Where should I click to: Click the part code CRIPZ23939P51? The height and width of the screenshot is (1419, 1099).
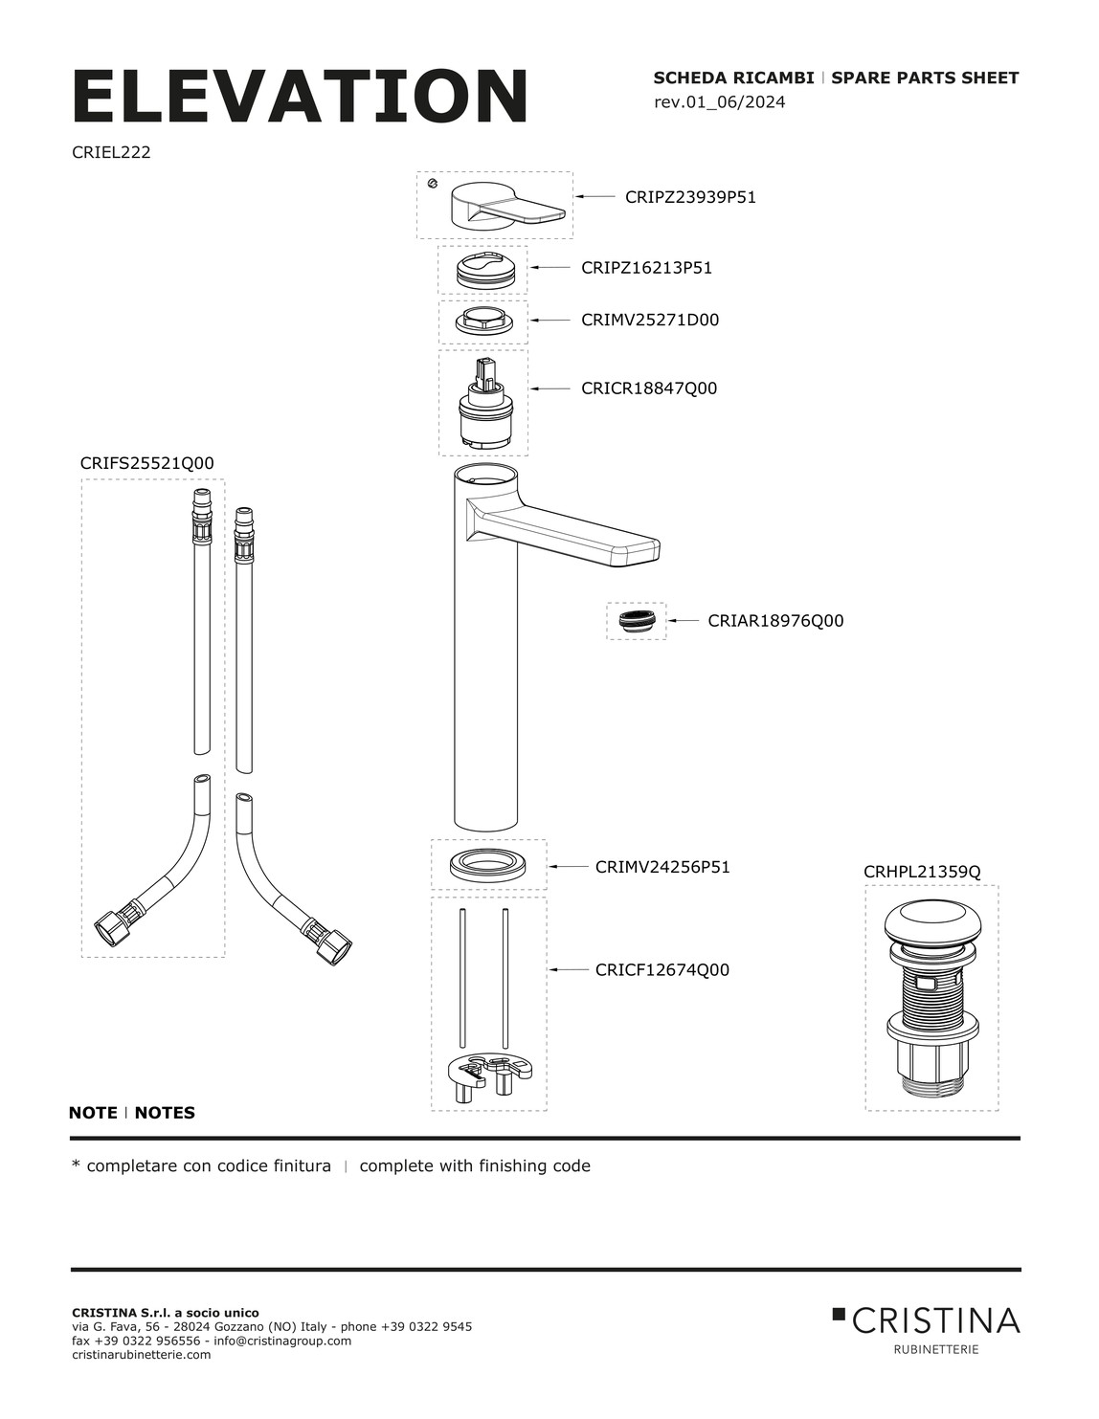(690, 197)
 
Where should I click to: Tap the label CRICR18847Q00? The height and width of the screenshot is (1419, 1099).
(649, 388)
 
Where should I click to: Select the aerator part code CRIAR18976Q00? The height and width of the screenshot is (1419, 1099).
(775, 620)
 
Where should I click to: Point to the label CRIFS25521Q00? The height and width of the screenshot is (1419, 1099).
(147, 463)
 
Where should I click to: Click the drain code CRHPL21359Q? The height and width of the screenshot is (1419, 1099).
(922, 872)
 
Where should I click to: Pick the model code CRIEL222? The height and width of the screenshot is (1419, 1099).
(111, 152)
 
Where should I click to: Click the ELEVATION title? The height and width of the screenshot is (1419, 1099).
(300, 96)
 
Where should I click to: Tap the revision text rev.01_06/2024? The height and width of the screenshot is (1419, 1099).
(719, 102)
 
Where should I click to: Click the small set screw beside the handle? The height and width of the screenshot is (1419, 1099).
(432, 184)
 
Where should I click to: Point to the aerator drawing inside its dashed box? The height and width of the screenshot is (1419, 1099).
(636, 621)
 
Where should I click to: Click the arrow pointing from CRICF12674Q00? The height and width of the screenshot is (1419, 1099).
(569, 969)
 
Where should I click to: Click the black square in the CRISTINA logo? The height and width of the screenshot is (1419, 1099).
(839, 1314)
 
